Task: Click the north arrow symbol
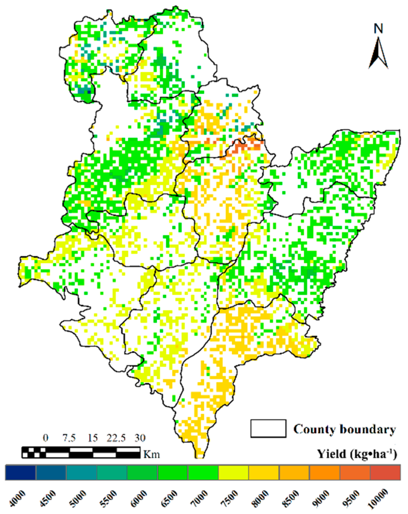click(378, 54)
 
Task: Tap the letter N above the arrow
click(378, 29)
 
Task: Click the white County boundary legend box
click(268, 428)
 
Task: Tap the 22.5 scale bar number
click(116, 438)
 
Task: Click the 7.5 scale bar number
click(69, 438)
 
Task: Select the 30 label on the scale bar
click(140, 438)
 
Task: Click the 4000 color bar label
click(17, 498)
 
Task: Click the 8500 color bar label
click(290, 498)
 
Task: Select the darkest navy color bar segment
click(20, 472)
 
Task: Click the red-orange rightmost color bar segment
click(385, 472)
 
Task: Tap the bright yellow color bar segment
click(233, 472)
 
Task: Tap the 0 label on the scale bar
click(46, 438)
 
